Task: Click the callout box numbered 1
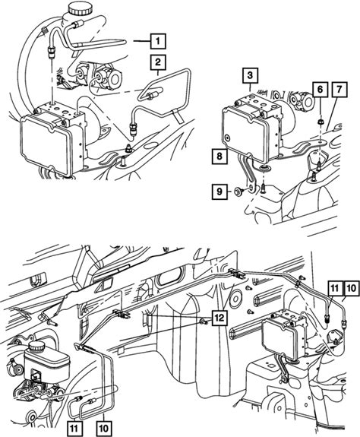point(158,42)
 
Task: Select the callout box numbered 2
point(158,62)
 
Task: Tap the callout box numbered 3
point(250,75)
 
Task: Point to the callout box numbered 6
point(320,90)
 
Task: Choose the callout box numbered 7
point(339,90)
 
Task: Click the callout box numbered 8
point(219,156)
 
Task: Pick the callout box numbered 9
point(219,192)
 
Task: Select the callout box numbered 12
point(219,318)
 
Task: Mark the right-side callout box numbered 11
point(334,288)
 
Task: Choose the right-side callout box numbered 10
point(352,288)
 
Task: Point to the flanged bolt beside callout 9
point(239,192)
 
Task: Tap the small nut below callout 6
point(320,122)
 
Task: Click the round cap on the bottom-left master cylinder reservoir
point(36,347)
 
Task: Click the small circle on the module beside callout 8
point(228,137)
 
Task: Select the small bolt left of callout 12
point(204,322)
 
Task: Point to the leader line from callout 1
point(141,42)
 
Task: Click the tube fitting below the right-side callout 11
point(327,318)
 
